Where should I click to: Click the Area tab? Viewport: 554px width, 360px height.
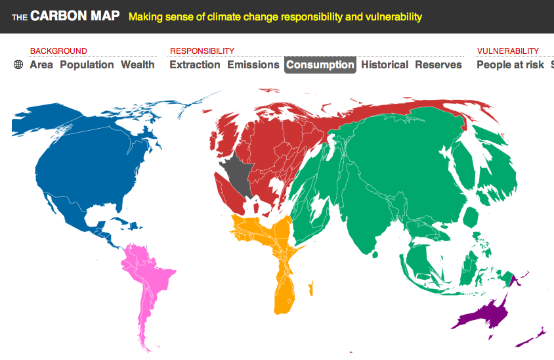coord(41,65)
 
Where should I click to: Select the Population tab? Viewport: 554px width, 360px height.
coord(87,65)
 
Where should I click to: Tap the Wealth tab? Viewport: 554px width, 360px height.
coord(138,65)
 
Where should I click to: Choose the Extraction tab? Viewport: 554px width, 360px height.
coord(195,65)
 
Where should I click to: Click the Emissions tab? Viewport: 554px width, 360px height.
coord(253,65)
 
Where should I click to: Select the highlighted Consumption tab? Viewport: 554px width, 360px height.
coord(320,65)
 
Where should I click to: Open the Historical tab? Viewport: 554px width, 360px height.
coord(385,65)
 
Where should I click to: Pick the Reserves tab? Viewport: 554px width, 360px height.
coord(438,65)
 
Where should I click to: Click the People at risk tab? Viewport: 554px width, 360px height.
coord(510,65)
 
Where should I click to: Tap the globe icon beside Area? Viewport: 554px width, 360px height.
coord(18,64)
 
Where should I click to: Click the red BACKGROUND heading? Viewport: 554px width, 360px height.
coord(58,51)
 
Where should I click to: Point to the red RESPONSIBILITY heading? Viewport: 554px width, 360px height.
coord(202,51)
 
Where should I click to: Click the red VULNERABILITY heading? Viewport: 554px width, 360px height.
coord(508,51)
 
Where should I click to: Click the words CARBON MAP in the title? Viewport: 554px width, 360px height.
coord(75,16)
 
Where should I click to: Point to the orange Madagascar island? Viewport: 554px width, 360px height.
coord(311,288)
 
